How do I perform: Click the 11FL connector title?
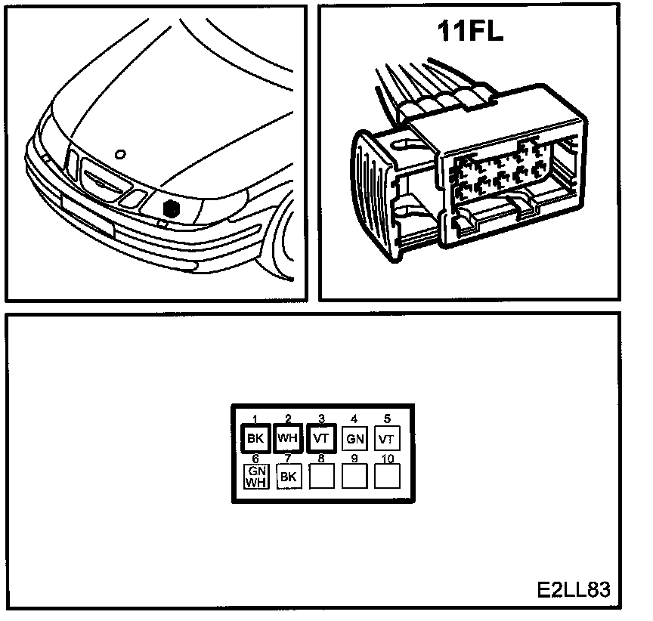coord(470,32)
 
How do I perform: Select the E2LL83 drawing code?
coord(573,589)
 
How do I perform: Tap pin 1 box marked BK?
coord(255,438)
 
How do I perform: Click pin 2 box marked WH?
coord(287,438)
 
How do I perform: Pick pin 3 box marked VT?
coord(320,438)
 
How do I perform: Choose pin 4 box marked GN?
coord(354,438)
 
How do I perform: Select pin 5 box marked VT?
coord(386,438)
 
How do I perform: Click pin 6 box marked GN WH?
coord(255,477)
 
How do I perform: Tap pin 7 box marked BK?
coord(288,476)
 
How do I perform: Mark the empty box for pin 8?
coord(321,475)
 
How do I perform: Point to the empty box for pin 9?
coord(354,475)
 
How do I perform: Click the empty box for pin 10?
coord(387,475)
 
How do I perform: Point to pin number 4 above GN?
coord(354,419)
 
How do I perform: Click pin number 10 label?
coord(387,458)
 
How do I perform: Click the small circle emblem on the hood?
coord(119,154)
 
